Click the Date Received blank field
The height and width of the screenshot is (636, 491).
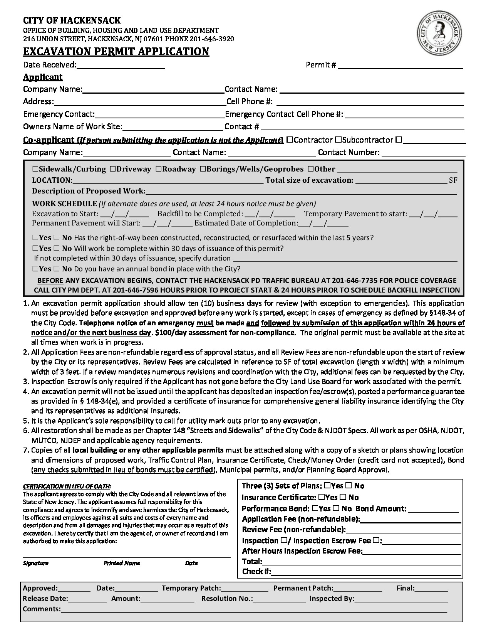[121, 66]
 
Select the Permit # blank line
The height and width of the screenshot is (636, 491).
[400, 66]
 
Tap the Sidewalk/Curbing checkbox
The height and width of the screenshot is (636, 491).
[35, 169]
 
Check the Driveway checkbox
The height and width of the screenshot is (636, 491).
[112, 169]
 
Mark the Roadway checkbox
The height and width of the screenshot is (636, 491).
[159, 169]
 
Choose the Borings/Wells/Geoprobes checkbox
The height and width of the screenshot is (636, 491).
[203, 169]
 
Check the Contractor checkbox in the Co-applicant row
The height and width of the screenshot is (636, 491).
[290, 140]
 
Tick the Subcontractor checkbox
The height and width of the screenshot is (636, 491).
[338, 140]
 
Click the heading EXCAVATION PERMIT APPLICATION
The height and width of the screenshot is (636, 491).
[116, 51]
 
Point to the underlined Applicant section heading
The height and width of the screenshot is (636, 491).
[43, 77]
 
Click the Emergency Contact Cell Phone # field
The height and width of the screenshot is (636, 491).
[404, 114]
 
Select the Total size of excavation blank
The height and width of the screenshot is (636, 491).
[401, 180]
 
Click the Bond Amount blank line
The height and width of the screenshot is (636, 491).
[434, 509]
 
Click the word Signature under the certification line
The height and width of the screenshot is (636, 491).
[36, 563]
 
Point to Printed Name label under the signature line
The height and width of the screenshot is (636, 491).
[122, 563]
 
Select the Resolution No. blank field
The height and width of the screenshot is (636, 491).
[280, 599]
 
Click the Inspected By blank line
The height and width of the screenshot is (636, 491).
[401, 599]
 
